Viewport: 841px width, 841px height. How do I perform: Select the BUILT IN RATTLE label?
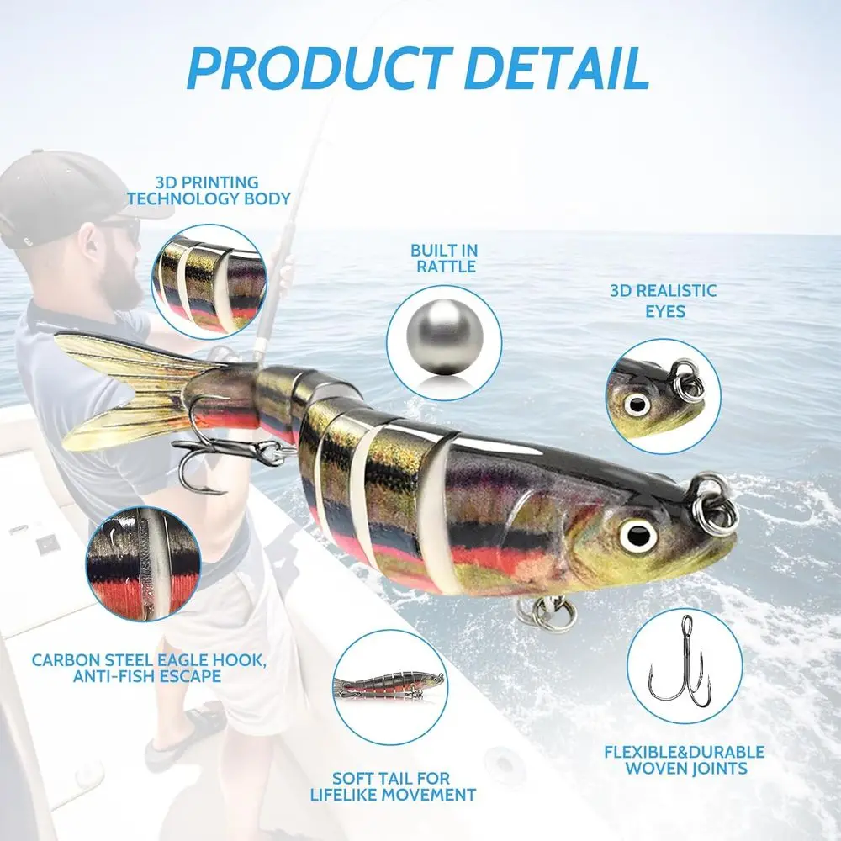(x=443, y=258)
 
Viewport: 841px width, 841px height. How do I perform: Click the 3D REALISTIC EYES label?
(x=664, y=300)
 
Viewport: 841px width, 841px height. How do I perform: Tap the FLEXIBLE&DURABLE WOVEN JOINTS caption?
(x=684, y=759)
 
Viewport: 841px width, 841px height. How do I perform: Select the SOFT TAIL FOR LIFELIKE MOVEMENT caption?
(x=404, y=786)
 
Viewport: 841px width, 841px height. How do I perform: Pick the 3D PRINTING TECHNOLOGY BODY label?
(x=207, y=190)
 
